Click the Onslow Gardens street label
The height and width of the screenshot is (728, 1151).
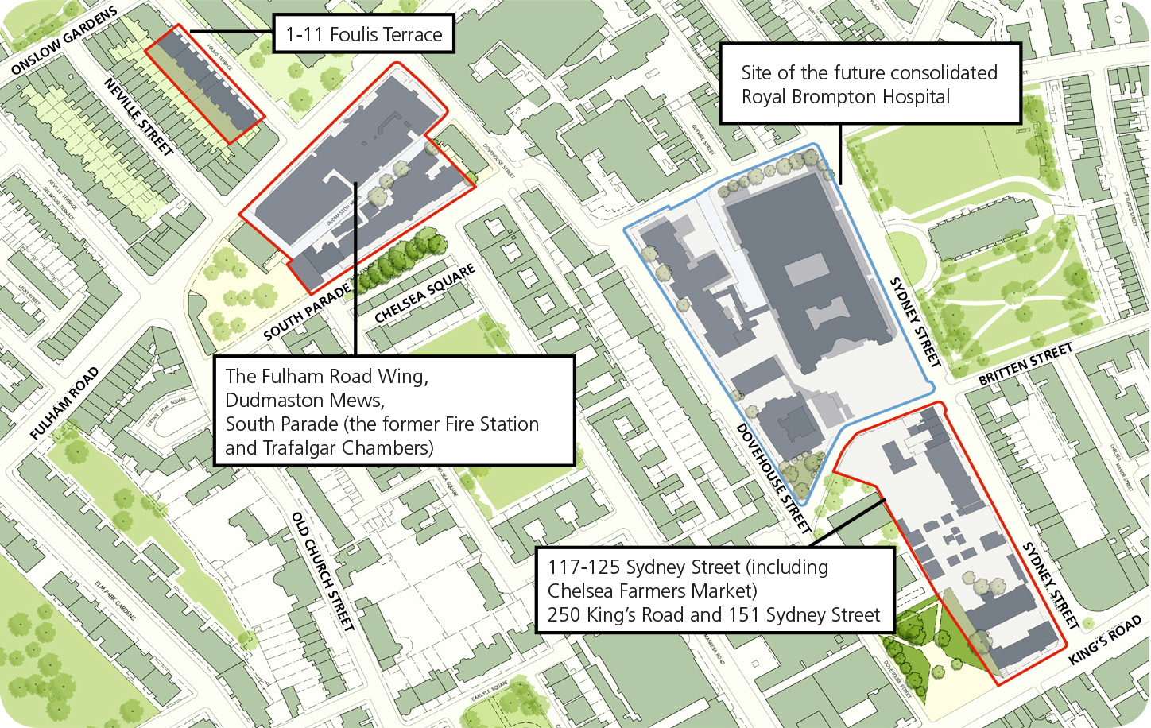64,41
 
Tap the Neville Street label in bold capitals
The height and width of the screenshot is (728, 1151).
138,117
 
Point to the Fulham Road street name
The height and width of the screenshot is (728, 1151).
64,403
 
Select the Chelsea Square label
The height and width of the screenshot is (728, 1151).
424,293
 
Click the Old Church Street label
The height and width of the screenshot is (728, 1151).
323,571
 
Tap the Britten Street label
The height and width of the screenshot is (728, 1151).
1025,364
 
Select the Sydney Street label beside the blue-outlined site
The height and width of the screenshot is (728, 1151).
914,321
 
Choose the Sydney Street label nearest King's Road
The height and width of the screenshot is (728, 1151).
1050,585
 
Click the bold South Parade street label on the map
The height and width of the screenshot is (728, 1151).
307,312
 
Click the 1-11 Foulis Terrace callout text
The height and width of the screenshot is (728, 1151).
363,35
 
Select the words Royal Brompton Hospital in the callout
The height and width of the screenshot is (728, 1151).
845,97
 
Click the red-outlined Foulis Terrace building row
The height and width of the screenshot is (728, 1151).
204,84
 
